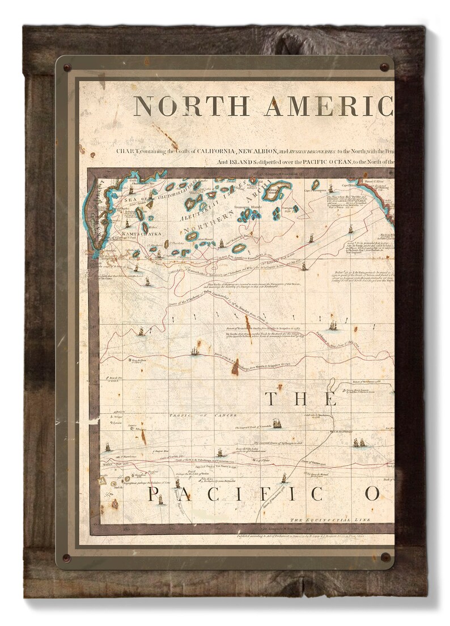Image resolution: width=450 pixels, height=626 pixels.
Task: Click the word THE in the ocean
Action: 301,399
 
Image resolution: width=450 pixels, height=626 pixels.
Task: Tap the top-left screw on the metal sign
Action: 67,68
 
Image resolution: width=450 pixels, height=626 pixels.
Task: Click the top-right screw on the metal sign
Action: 385,67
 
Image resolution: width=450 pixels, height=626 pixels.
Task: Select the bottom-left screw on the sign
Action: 67,557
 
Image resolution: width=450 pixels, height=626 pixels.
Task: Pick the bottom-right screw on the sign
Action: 385,557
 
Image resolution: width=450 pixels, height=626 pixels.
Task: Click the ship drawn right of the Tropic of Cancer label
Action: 277,423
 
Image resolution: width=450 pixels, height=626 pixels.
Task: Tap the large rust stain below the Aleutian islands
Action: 235,366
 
